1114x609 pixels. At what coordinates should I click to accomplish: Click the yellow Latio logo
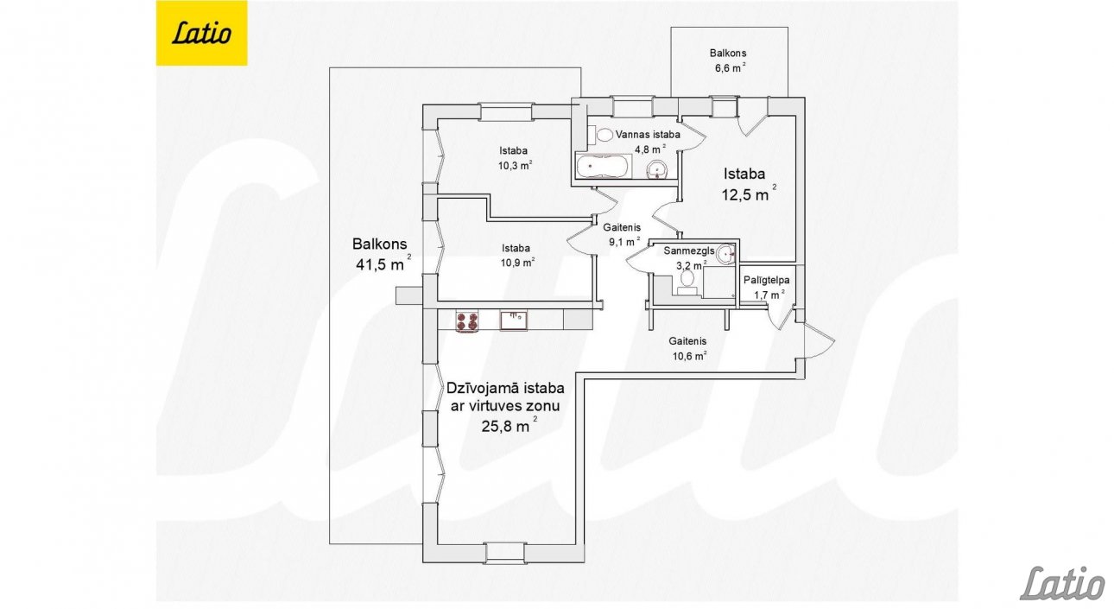click(201, 33)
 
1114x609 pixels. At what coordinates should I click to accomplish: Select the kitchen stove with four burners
click(467, 321)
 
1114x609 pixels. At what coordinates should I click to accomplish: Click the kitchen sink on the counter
click(514, 320)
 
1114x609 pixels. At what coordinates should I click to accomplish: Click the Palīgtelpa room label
click(766, 280)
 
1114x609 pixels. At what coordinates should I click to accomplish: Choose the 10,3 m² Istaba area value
click(516, 165)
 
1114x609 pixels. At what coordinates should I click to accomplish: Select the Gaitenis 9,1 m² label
click(622, 234)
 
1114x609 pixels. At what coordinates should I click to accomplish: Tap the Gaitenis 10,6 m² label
click(689, 348)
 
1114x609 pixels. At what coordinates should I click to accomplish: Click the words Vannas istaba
click(648, 135)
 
